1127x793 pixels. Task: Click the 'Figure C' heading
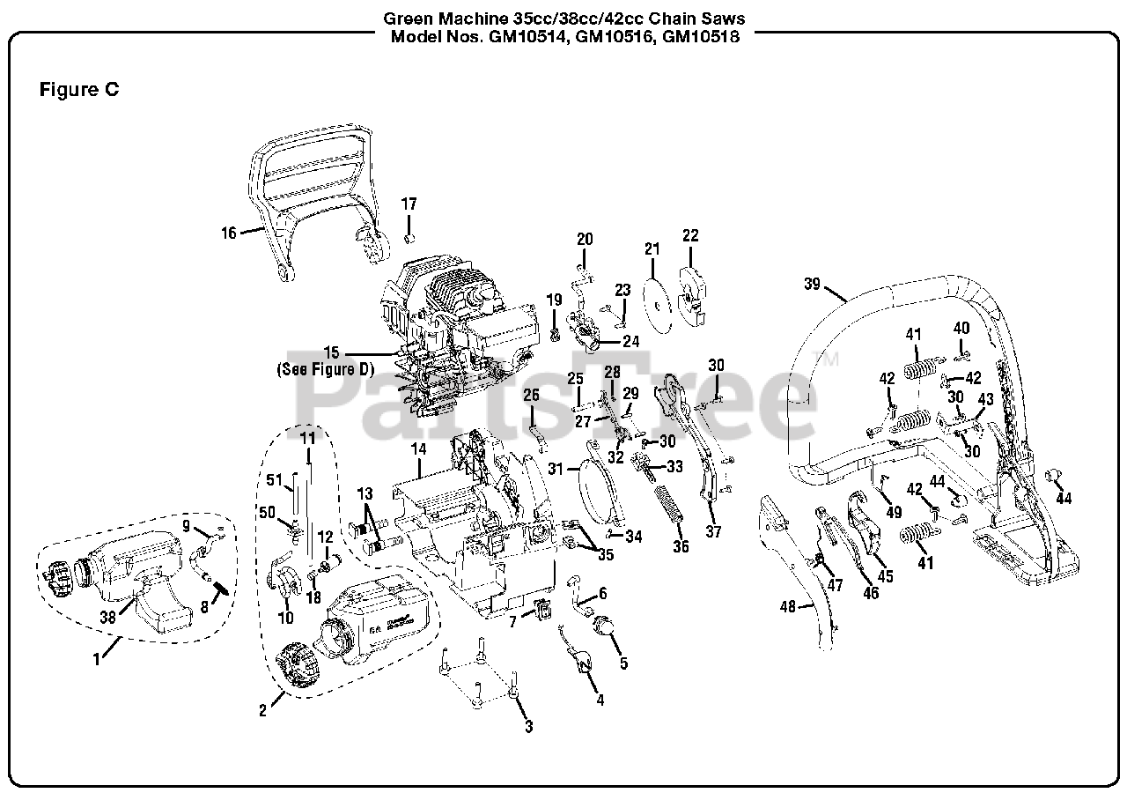point(79,90)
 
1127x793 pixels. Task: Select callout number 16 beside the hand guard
point(229,233)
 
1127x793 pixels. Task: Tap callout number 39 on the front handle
point(812,284)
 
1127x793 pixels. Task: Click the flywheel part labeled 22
point(692,295)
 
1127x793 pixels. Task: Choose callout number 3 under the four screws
point(528,726)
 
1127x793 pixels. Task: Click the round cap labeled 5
point(606,627)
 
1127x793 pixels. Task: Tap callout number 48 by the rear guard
point(787,606)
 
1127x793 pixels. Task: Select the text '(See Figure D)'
point(325,369)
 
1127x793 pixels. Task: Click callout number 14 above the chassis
point(418,449)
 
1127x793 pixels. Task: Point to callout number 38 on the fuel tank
point(107,618)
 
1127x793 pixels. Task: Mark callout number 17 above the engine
point(409,204)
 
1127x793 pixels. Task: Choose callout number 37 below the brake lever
point(714,532)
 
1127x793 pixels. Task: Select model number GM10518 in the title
point(701,37)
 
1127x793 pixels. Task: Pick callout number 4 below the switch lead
point(600,700)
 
